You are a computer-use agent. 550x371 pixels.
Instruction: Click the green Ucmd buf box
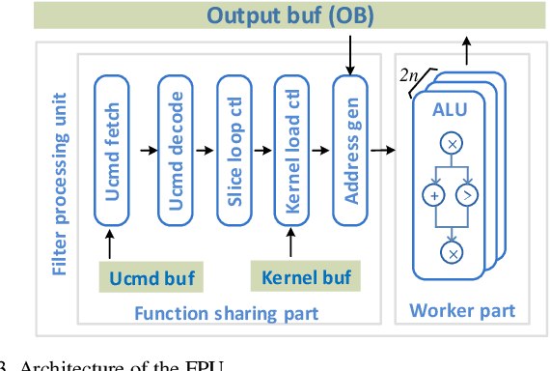pos(151,279)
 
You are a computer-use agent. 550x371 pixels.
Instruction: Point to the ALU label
pos(451,110)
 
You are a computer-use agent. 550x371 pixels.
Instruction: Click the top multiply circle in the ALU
pos(450,143)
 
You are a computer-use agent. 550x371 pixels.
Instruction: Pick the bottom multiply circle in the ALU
pos(450,253)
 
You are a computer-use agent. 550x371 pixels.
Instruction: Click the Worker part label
pos(462,310)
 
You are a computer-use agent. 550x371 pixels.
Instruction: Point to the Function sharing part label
pos(226,312)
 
